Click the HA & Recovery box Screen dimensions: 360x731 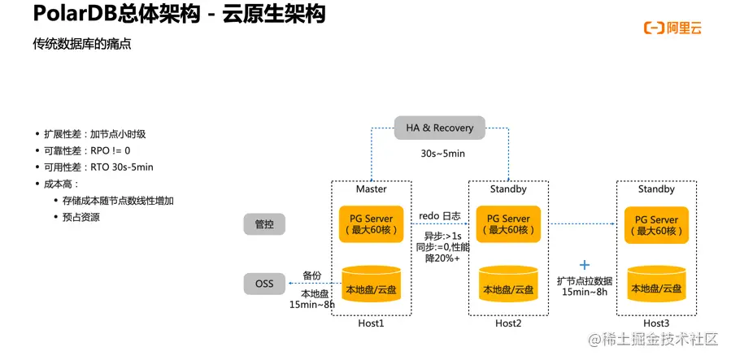(x=439, y=128)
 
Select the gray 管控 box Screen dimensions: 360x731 (x=264, y=224)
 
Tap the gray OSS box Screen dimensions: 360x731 (x=264, y=284)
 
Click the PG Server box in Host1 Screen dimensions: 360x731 (x=371, y=224)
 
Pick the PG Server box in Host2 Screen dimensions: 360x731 (x=509, y=224)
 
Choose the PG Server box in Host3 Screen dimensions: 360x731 (x=656, y=224)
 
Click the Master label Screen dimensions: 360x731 (x=372, y=189)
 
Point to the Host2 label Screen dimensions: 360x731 (x=508, y=323)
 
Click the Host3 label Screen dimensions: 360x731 (x=655, y=323)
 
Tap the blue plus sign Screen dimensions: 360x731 (x=584, y=265)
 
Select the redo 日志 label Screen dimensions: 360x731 (x=440, y=216)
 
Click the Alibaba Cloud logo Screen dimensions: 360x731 (x=672, y=28)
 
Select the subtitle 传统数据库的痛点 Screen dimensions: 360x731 (x=81, y=46)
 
